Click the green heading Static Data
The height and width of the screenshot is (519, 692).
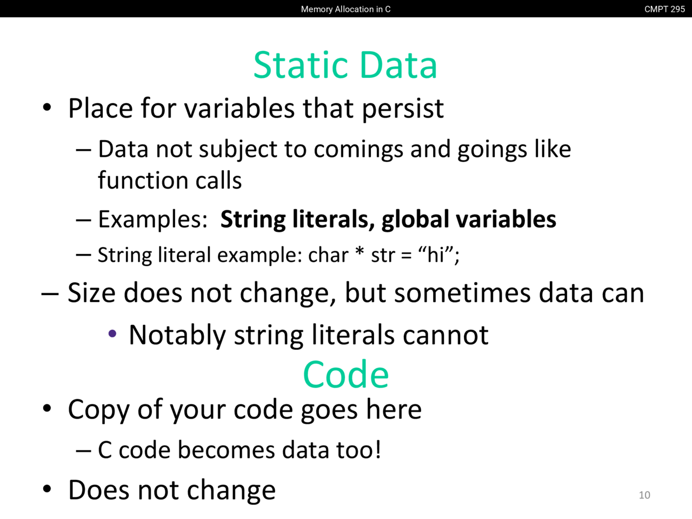click(345, 65)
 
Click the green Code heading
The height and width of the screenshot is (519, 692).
click(346, 374)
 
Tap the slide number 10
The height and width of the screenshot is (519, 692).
click(644, 495)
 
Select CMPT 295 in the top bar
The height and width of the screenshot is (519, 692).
click(664, 9)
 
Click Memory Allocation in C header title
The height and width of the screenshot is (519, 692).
click(345, 9)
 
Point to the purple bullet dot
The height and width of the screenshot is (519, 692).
click(112, 334)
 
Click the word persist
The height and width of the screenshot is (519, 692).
click(403, 109)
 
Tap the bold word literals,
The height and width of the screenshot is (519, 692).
click(334, 219)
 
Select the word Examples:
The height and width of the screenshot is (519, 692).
click(153, 219)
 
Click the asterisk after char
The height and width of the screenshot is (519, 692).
click(360, 251)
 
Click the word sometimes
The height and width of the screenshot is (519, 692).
click(462, 293)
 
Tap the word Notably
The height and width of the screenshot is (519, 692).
click(177, 336)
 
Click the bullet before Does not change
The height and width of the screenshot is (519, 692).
click(47, 489)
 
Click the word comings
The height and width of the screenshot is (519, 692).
click(358, 150)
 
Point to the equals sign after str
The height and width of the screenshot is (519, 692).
click(407, 255)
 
